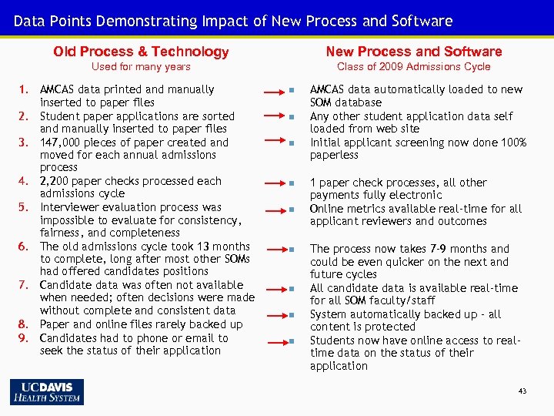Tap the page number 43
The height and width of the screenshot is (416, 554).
[x=522, y=391]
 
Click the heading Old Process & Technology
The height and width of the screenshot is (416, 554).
[x=141, y=52]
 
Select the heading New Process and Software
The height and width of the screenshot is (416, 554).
[x=413, y=52]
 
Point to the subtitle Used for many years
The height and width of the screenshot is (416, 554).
[x=141, y=67]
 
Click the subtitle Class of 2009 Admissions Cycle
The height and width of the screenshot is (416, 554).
[x=413, y=67]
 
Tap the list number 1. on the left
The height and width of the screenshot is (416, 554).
[x=24, y=89]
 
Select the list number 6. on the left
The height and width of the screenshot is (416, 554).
[x=24, y=247]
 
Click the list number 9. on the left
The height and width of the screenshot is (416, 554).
[x=24, y=338]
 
